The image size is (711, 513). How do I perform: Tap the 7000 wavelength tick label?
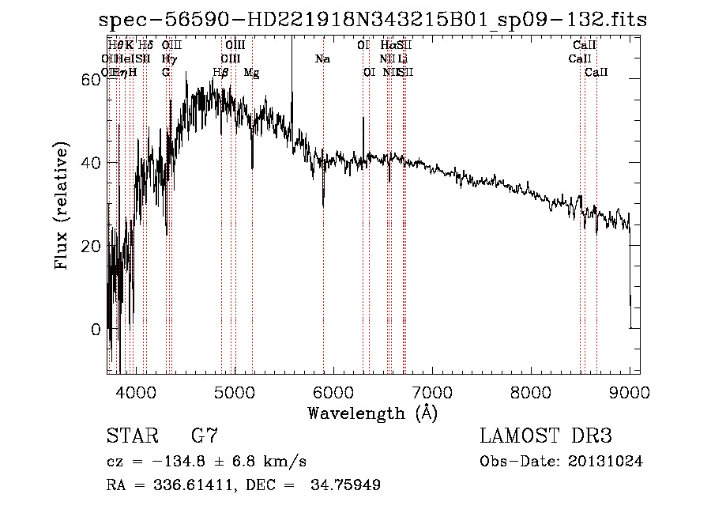[431, 391]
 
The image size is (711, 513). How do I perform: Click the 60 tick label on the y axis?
[92, 80]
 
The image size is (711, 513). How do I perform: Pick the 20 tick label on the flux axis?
[92, 246]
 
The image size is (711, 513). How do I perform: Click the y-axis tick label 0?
[97, 329]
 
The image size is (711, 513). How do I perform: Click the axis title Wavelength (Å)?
[373, 413]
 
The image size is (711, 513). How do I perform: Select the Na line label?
[322, 59]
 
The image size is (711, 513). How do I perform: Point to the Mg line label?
[251, 73]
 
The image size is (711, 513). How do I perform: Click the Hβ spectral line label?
[221, 73]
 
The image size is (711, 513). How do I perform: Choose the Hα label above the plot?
[389, 46]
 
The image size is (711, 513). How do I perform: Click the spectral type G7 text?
[205, 437]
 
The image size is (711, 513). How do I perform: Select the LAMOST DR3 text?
[545, 437]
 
